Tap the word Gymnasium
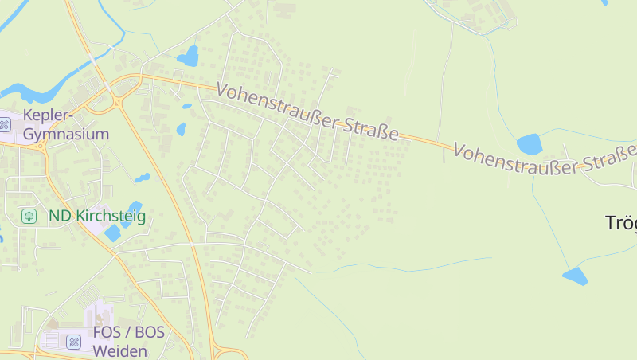point(66,134)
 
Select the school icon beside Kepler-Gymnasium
point(5,124)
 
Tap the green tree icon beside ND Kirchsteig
point(29,216)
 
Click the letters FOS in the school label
point(107,332)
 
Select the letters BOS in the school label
point(149,332)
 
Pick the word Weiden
point(119,350)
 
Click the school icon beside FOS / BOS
point(74,342)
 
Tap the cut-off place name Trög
point(621,224)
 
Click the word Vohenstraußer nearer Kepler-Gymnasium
point(278,110)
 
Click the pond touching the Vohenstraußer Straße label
point(529,143)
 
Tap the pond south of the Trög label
point(574,276)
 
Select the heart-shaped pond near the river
point(189,56)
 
